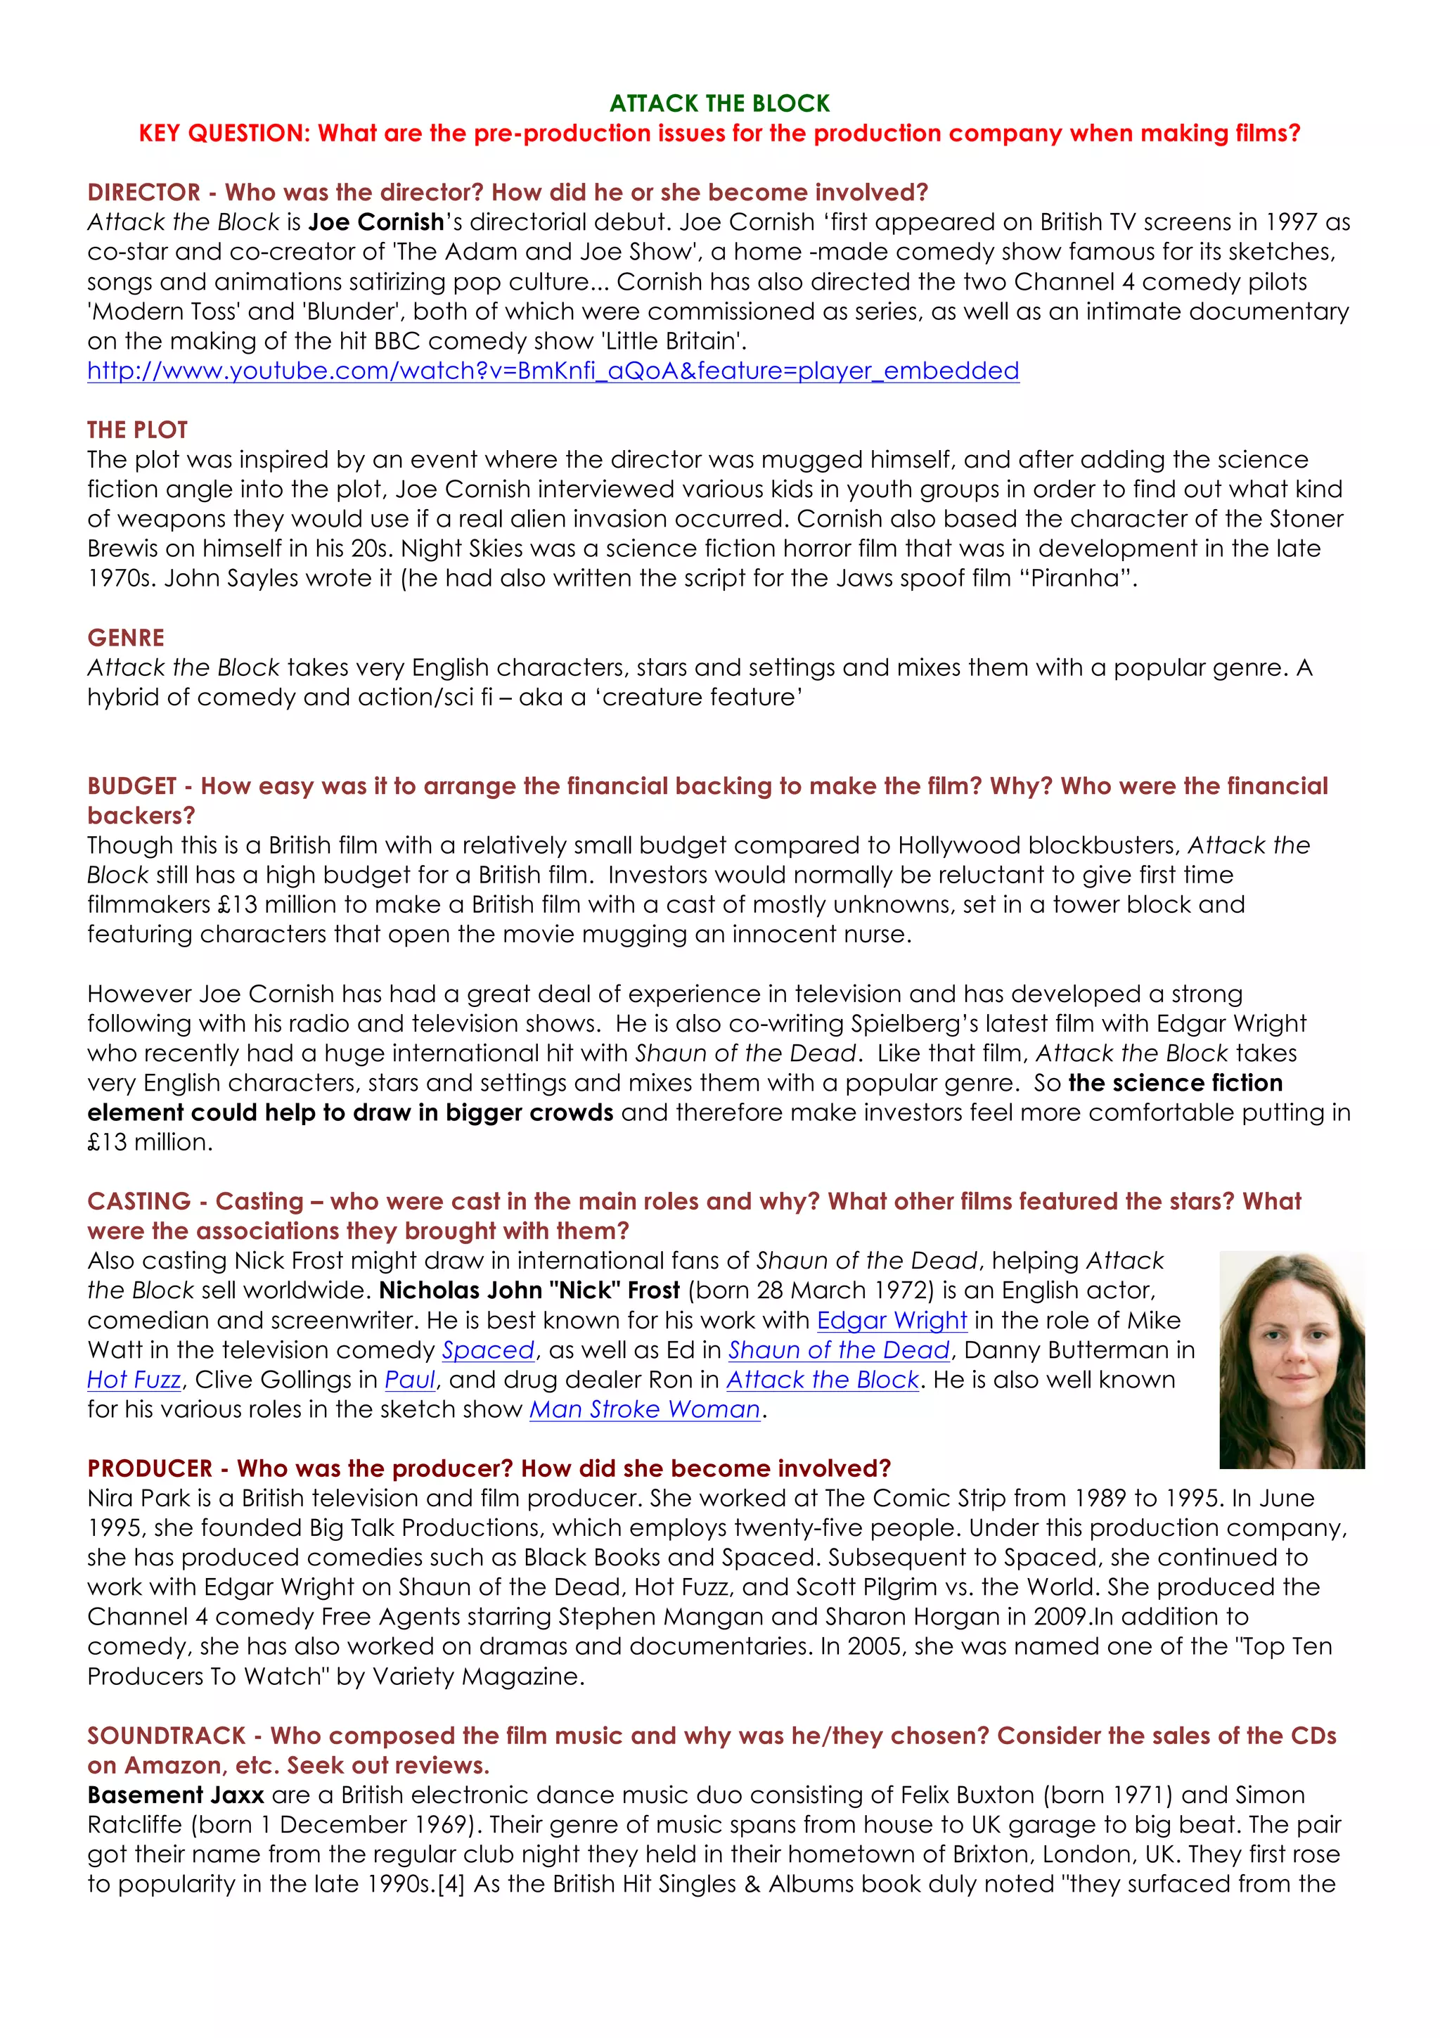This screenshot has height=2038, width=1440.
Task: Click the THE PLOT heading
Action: (x=138, y=430)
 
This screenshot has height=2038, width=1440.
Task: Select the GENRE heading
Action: (x=126, y=639)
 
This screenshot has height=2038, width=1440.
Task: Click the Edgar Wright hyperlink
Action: (x=891, y=1321)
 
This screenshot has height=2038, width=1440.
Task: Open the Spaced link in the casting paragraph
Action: (x=488, y=1350)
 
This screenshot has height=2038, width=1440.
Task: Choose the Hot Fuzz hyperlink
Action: (x=134, y=1380)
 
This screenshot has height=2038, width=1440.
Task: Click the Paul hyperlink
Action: (x=410, y=1380)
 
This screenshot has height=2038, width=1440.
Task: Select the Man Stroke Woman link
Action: (x=645, y=1409)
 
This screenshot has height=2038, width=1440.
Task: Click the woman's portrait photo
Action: (x=1291, y=1359)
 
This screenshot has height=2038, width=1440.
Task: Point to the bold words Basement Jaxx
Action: (x=176, y=1795)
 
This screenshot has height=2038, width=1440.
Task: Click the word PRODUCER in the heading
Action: (x=150, y=1469)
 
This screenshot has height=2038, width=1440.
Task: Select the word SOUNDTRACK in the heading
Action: (x=166, y=1736)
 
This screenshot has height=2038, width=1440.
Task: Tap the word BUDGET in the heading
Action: (x=131, y=786)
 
